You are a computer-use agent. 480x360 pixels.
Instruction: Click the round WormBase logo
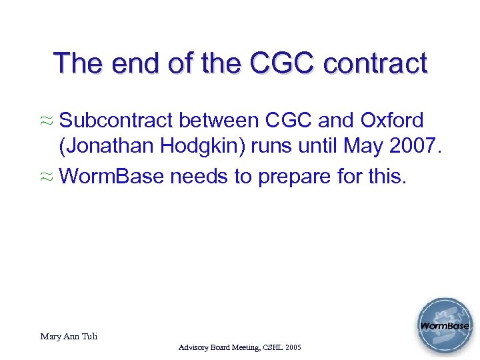[x=444, y=327]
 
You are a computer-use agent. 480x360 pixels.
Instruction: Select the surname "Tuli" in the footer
[x=89, y=337]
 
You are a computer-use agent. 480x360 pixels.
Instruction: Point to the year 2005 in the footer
[x=291, y=348]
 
